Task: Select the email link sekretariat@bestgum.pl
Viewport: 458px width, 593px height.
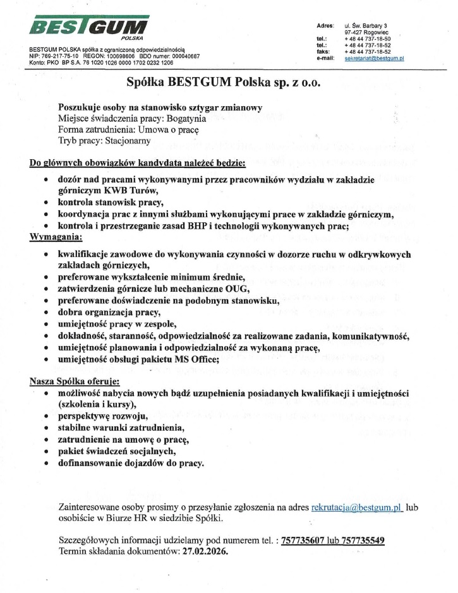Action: coord(374,57)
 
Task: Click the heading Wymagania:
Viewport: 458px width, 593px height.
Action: coord(56,237)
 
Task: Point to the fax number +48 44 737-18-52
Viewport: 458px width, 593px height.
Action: coord(368,52)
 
